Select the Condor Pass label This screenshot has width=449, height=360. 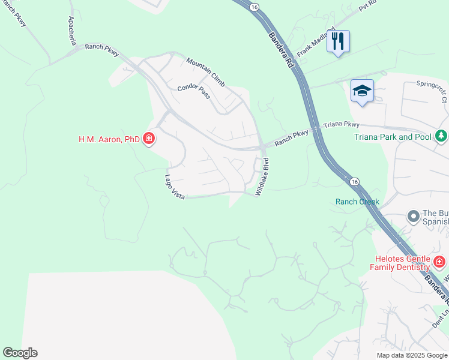click(193, 92)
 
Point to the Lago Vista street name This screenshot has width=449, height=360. click(175, 187)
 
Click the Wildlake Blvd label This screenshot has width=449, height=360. click(262, 176)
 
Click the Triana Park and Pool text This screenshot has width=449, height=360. click(393, 137)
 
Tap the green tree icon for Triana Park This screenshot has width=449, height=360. click(441, 136)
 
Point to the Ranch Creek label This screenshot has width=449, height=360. click(357, 202)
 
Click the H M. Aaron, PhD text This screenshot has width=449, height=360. click(109, 140)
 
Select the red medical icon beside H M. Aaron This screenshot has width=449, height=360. click(149, 140)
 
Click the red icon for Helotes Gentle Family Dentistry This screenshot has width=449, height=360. click(439, 262)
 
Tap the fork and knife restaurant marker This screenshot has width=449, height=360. click(338, 41)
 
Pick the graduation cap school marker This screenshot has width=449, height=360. click(362, 91)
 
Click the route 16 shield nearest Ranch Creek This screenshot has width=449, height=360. click(354, 181)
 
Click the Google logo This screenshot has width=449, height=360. click(20, 353)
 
